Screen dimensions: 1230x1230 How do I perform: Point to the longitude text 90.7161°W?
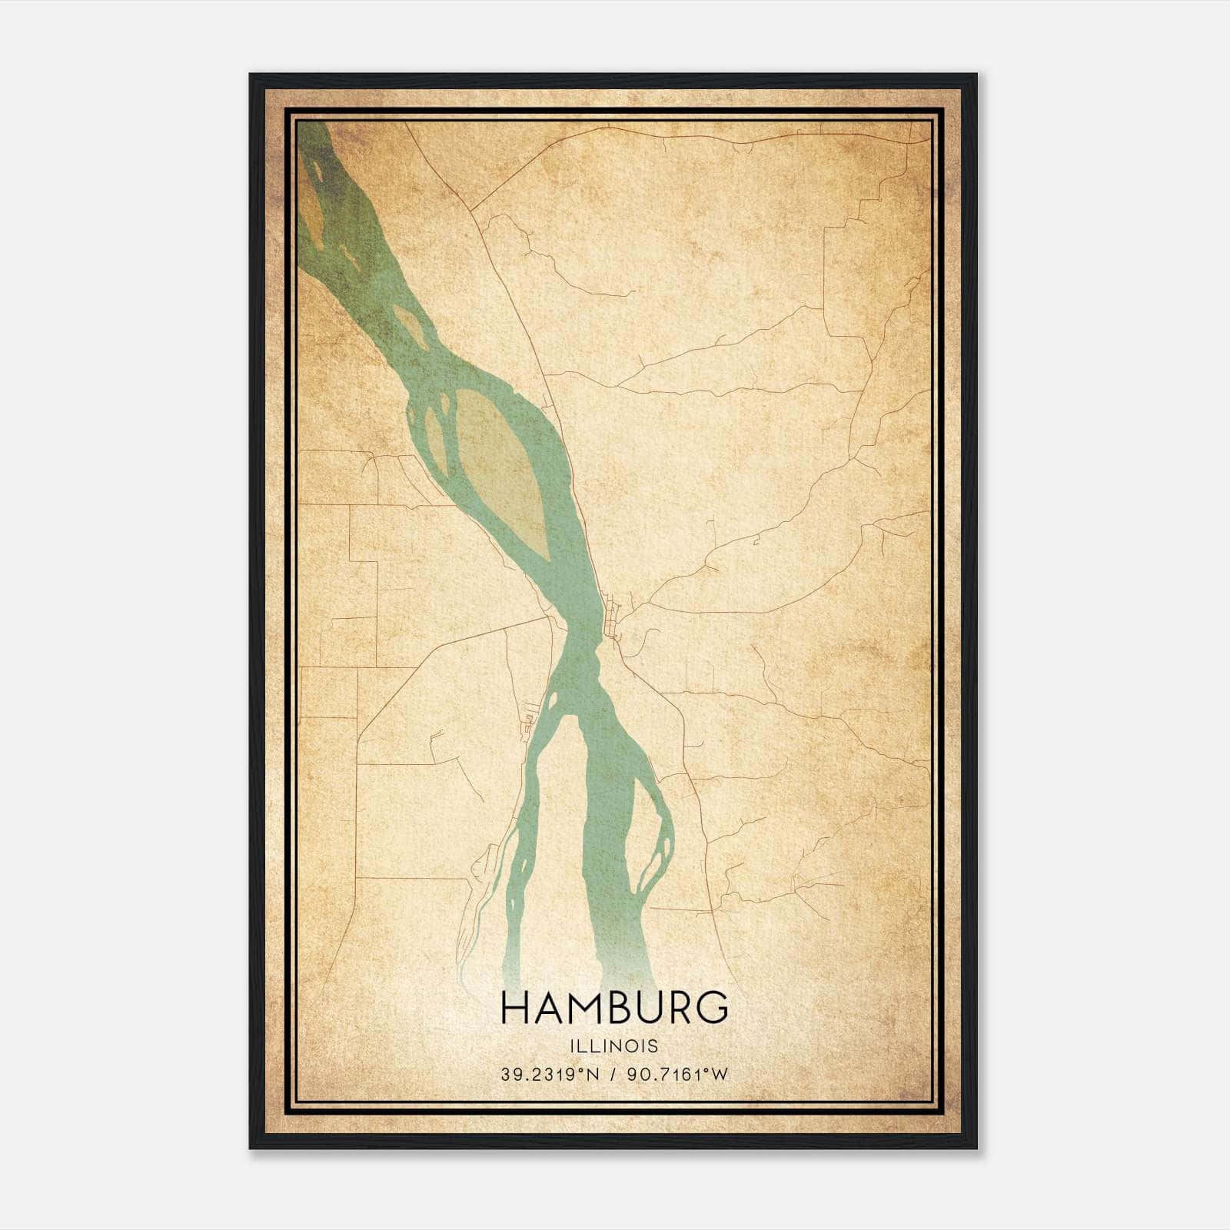click(677, 1075)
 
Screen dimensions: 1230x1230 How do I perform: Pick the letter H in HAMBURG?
click(515, 1008)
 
